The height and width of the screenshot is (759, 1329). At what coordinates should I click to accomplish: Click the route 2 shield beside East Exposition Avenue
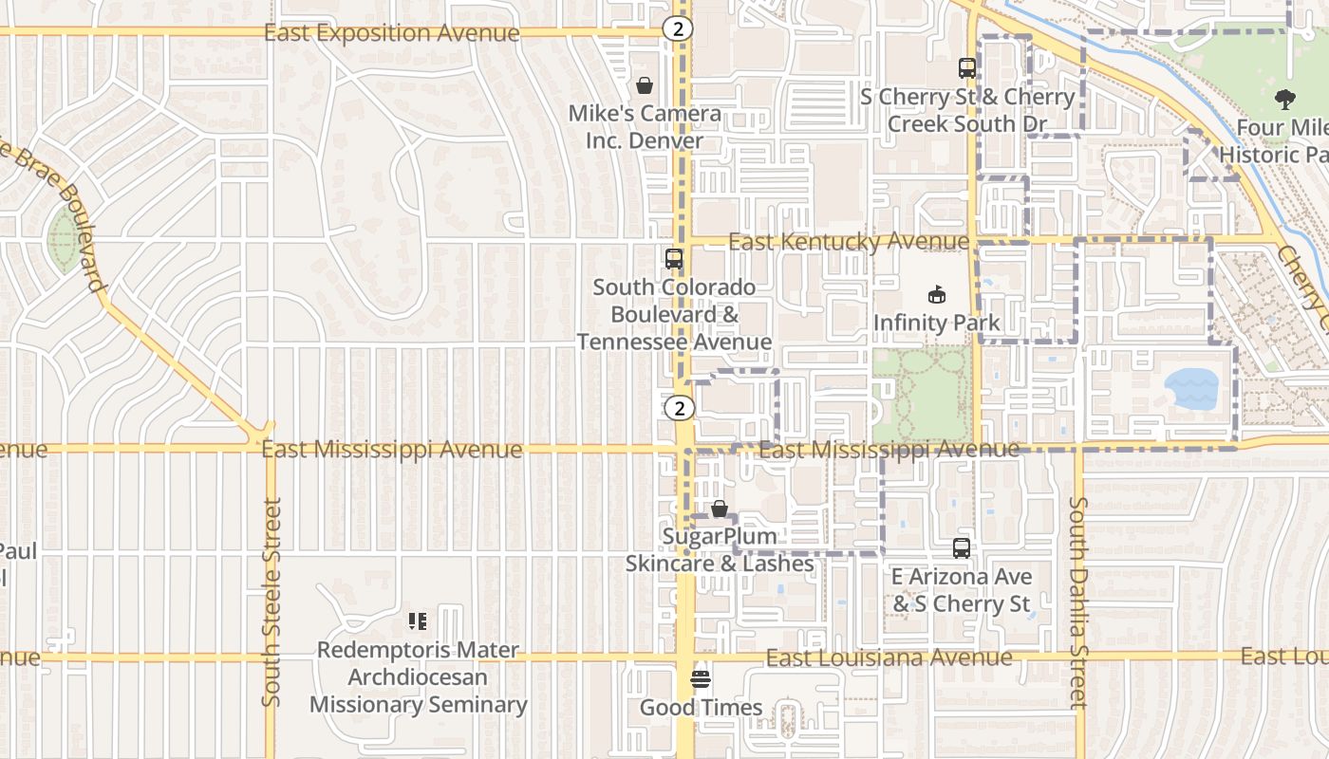click(677, 28)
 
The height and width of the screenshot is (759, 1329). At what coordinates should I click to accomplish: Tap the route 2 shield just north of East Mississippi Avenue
click(679, 408)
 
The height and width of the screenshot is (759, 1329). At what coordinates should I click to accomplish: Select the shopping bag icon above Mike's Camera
click(645, 85)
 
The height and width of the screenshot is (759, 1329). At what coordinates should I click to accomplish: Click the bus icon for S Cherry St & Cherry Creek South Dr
click(966, 68)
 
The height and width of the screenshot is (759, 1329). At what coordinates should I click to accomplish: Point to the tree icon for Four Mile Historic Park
click(1285, 99)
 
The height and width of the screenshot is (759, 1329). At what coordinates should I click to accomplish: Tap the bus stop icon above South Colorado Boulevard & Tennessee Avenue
click(673, 258)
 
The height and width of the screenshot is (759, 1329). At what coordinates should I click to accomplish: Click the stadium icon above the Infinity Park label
click(936, 294)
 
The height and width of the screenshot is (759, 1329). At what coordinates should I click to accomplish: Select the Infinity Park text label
click(936, 323)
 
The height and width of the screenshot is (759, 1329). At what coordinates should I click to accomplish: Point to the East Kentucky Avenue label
click(849, 242)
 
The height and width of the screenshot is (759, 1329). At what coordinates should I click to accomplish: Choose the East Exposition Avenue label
click(391, 33)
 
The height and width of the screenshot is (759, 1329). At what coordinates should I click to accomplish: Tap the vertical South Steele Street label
click(271, 602)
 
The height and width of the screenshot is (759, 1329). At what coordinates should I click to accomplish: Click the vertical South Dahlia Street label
click(1077, 602)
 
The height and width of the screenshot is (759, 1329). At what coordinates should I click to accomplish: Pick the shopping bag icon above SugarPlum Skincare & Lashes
click(720, 509)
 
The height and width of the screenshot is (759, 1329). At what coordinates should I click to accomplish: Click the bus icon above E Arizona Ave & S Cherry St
click(961, 547)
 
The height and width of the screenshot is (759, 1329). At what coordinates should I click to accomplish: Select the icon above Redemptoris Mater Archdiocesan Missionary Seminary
click(418, 621)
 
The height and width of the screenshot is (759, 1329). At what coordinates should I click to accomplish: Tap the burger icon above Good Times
click(701, 679)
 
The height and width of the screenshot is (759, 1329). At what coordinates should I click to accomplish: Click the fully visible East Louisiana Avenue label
click(889, 657)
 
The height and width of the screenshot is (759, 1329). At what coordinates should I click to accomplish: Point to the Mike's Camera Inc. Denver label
click(645, 127)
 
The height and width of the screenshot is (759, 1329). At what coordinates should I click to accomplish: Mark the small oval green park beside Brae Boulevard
click(65, 239)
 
